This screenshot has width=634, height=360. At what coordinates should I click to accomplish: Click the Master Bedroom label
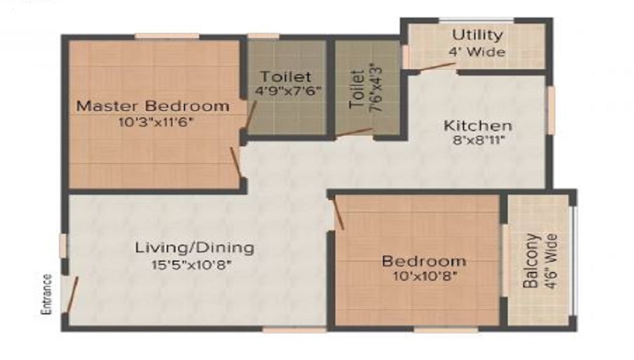pyautogui.click(x=153, y=106)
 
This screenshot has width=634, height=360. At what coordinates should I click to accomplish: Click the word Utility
pyautogui.click(x=477, y=35)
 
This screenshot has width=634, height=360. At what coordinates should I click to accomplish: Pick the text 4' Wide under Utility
pyautogui.click(x=477, y=52)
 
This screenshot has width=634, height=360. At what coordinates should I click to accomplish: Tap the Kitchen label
pyautogui.click(x=477, y=125)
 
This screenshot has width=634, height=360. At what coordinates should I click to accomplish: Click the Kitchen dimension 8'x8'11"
pyautogui.click(x=477, y=141)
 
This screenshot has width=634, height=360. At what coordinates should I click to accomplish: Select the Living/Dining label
pyautogui.click(x=195, y=247)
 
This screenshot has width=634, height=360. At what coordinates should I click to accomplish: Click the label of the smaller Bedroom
pyautogui.click(x=424, y=260)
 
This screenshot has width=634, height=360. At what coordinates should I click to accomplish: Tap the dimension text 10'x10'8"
pyautogui.click(x=424, y=276)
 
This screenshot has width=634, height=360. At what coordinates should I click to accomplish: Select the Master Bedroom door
pyautogui.click(x=236, y=163)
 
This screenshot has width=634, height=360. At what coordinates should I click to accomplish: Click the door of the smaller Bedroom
pyautogui.click(x=337, y=213)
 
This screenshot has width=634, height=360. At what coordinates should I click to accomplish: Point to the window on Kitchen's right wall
pyautogui.click(x=552, y=110)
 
